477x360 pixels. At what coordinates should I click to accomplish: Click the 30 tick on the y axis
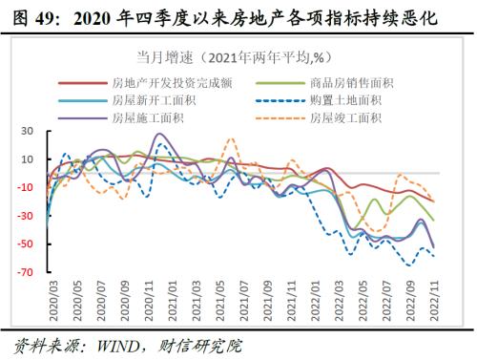27,131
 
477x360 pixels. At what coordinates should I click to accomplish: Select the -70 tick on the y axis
25,272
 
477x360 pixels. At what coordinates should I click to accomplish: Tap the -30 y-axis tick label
25,216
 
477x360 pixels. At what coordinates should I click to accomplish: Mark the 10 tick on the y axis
27,159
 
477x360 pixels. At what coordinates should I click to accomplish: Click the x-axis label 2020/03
48,303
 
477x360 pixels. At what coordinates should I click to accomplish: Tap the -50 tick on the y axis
25,244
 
